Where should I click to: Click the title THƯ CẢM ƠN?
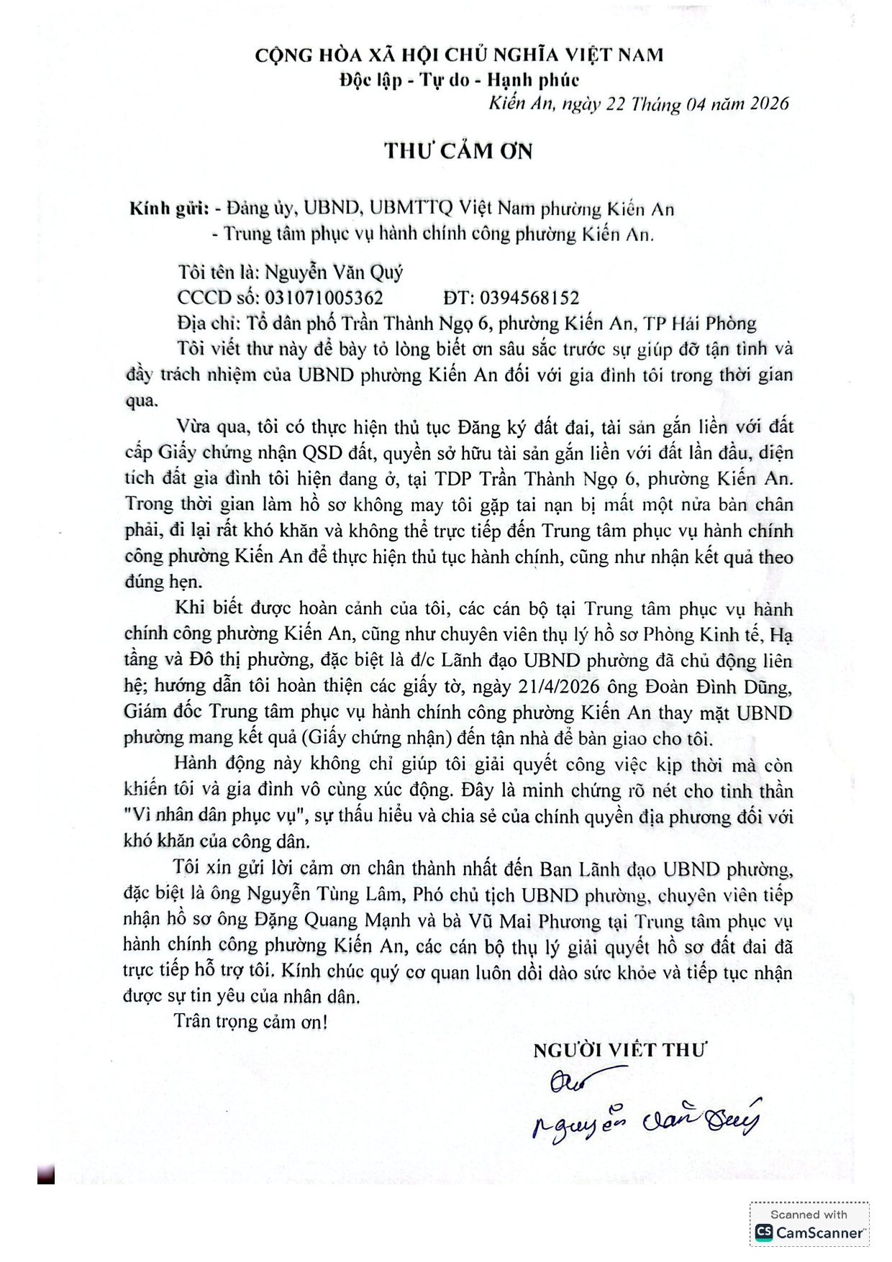point(458,151)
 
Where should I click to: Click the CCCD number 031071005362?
point(324,298)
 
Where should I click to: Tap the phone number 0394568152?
point(529,298)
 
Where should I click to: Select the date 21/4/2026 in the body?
point(558,687)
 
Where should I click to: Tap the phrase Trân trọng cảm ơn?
point(250,1022)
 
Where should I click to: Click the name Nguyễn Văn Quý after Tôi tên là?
point(334,273)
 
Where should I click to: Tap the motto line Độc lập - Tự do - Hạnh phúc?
point(459,79)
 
